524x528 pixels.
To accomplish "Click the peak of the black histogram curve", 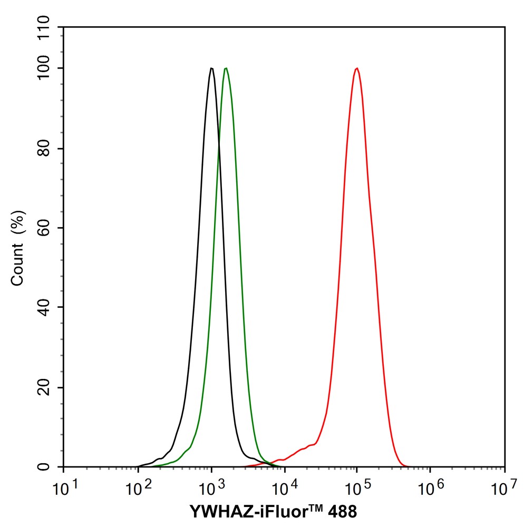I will pyautogui.click(x=211, y=68).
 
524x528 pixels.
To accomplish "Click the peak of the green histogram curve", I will pyautogui.click(x=226, y=68).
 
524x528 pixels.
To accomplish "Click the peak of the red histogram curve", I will pyautogui.click(x=357, y=68).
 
